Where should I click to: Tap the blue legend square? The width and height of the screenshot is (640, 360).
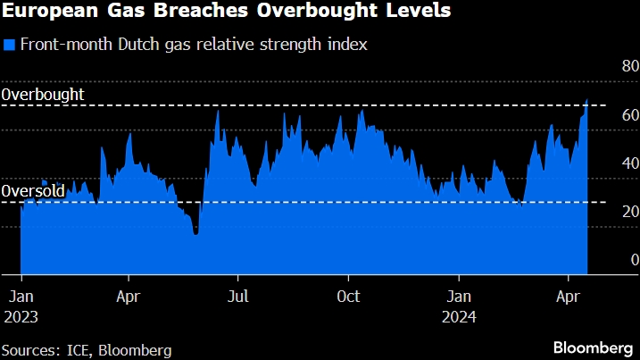pos(9,46)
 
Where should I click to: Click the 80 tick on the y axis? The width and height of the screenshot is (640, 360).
pos(629,66)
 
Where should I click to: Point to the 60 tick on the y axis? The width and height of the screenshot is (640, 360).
pos(629,114)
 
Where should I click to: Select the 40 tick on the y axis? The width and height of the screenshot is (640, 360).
pos(629,163)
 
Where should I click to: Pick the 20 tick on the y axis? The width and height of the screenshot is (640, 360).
pos(629,211)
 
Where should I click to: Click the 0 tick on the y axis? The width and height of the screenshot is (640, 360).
pos(633,259)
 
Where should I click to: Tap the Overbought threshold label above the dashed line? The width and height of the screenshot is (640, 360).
pos(43,93)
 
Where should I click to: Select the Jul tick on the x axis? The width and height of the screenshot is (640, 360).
pos(238,296)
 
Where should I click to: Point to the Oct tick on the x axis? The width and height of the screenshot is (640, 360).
pos(349,296)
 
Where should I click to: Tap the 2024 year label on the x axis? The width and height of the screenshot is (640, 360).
pos(460,316)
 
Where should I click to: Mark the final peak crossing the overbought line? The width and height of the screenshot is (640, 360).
pos(586,100)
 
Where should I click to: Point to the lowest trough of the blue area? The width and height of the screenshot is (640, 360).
pos(195,234)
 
